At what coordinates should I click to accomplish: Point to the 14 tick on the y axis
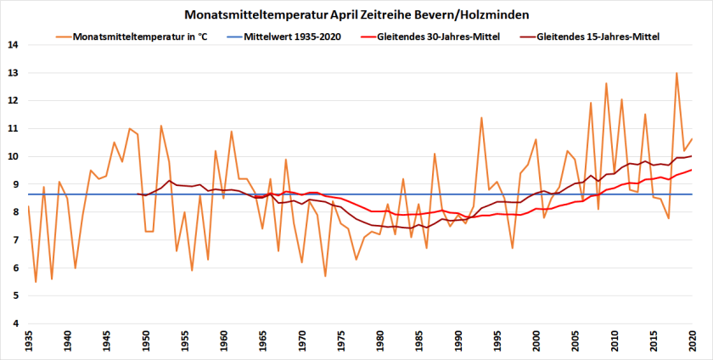(x=12, y=45)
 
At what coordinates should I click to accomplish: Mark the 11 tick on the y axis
(x=12, y=129)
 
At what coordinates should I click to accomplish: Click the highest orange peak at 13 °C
(x=677, y=73)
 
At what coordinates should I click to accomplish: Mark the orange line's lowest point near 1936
(x=36, y=282)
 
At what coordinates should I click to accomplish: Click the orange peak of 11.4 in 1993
(x=481, y=117)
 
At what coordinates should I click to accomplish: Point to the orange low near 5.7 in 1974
(x=325, y=276)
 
